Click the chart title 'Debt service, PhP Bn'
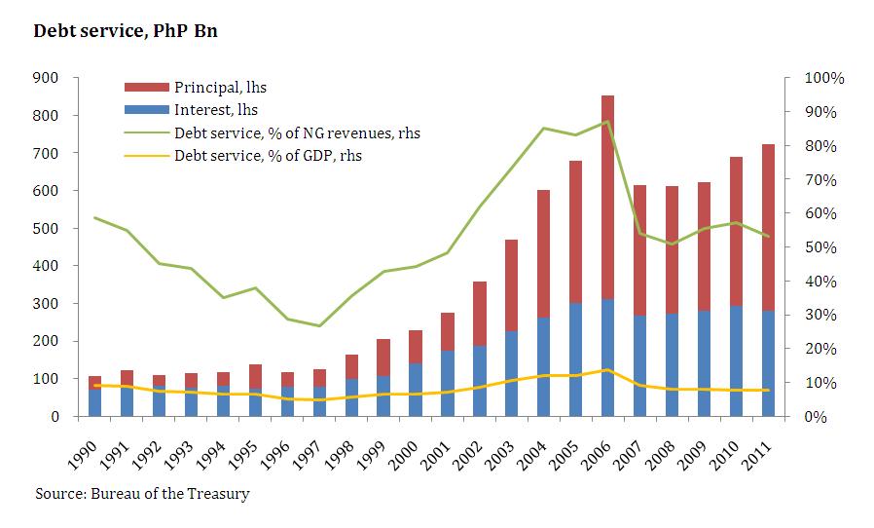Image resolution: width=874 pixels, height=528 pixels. tap(126, 31)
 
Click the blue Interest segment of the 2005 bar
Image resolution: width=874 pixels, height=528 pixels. tap(576, 359)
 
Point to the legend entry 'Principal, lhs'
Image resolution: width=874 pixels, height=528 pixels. tap(220, 89)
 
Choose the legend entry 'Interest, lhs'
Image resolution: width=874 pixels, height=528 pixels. tap(215, 110)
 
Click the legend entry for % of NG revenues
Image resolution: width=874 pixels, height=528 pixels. tap(297, 132)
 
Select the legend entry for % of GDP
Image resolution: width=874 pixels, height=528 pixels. tap(270, 155)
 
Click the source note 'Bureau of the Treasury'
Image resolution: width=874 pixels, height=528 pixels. tap(169, 494)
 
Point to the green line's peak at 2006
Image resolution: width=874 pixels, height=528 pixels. tap(607, 122)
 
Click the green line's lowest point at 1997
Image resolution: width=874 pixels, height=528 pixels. tap(319, 325)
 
